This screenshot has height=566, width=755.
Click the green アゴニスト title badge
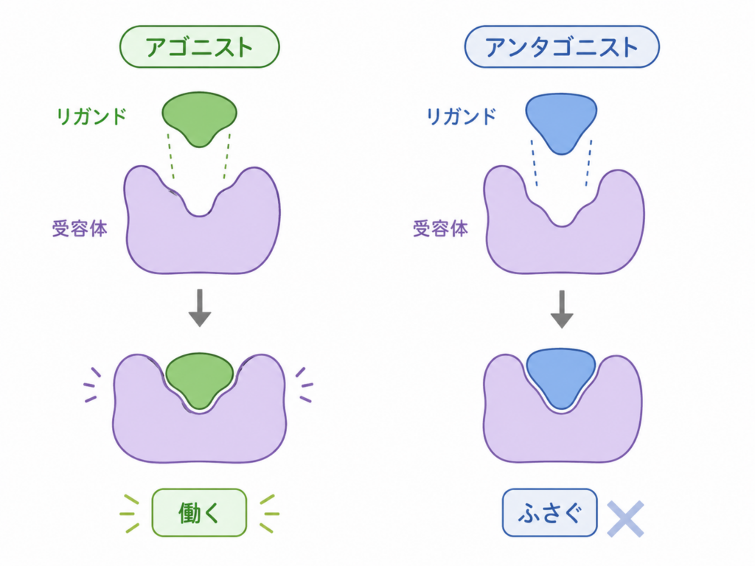tap(199, 46)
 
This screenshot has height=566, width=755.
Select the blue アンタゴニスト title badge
tap(561, 46)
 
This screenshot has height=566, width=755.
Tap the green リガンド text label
tap(91, 116)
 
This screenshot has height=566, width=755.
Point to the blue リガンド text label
tap(461, 116)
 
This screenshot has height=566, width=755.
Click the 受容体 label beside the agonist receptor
tap(80, 228)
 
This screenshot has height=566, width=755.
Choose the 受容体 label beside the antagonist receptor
tap(440, 228)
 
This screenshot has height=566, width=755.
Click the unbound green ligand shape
tap(199, 118)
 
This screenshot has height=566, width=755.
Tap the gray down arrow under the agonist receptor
tap(200, 308)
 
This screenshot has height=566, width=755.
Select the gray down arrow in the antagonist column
tap(561, 309)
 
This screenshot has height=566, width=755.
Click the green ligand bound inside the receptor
tap(199, 379)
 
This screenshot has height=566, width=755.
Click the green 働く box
tap(199, 513)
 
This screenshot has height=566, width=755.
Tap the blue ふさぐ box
tap(549, 513)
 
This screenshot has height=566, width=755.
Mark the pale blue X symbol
tap(625, 519)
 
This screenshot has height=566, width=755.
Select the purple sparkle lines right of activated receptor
tap(305, 385)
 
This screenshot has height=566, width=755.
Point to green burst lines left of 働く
tap(130, 514)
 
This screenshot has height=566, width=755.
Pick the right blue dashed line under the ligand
tap(588, 163)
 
